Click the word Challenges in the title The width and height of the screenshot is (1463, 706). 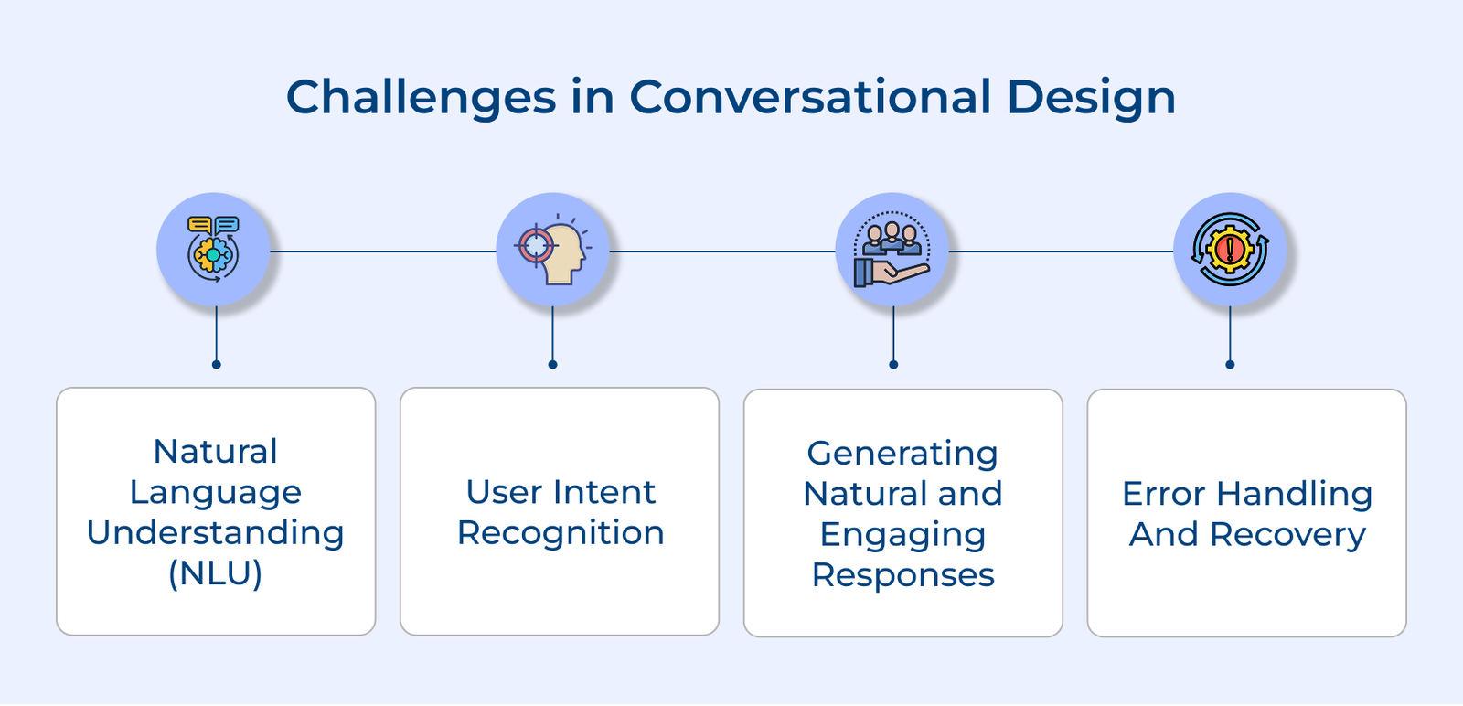click(422, 99)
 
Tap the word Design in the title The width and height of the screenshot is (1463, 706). click(1092, 99)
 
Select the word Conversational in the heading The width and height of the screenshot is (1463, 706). click(810, 97)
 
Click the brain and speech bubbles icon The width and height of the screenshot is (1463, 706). click(213, 249)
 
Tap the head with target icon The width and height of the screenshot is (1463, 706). click(552, 250)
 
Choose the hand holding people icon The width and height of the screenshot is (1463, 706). click(892, 250)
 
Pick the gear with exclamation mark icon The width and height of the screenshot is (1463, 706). click(1230, 250)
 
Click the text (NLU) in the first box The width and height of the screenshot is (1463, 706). click(216, 573)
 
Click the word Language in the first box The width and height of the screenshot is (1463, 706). click(216, 493)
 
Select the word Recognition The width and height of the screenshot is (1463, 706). click(561, 533)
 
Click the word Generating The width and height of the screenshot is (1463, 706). click(902, 455)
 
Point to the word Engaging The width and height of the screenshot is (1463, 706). click(902, 536)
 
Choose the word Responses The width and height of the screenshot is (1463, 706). click(902, 575)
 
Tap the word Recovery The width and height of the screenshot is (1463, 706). click(1287, 535)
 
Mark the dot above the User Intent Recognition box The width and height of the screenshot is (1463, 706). click(552, 364)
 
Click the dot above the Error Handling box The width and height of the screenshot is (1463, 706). click(1230, 364)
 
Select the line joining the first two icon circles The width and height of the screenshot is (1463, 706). click(383, 251)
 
